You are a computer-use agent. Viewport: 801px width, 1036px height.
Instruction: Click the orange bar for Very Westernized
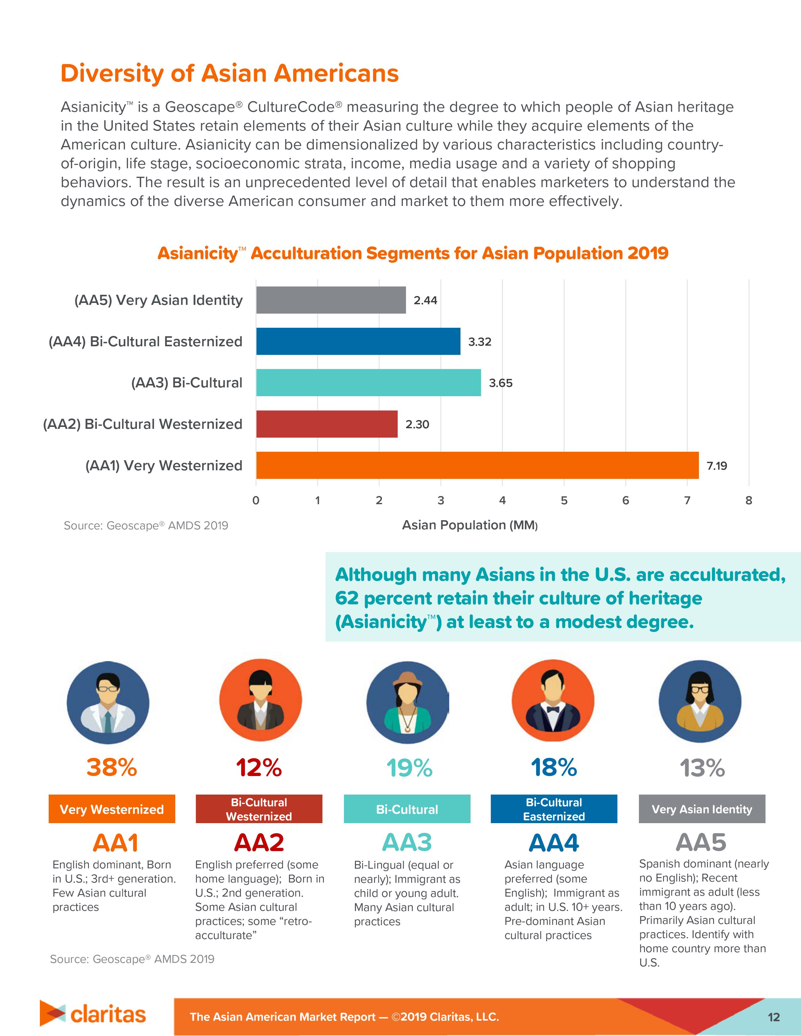click(x=477, y=465)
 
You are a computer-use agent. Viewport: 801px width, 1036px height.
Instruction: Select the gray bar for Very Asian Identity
click(x=331, y=300)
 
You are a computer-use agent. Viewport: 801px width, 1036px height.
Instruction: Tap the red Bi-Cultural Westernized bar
click(x=326, y=424)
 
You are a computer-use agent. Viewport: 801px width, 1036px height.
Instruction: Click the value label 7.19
click(x=717, y=466)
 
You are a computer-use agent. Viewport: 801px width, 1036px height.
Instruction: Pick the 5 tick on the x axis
click(x=564, y=500)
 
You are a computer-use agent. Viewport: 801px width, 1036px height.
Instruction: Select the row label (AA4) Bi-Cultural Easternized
click(x=145, y=342)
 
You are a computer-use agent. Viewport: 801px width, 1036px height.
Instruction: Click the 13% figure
click(x=702, y=768)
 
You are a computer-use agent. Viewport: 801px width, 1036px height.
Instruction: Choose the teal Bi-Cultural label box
click(x=407, y=809)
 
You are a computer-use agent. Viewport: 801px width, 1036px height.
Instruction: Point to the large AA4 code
click(x=554, y=843)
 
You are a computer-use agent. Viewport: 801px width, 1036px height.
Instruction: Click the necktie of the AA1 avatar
click(x=108, y=721)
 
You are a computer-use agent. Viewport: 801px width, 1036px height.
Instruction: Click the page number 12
click(x=773, y=1017)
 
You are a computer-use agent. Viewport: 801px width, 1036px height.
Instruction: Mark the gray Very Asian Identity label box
click(x=701, y=809)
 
